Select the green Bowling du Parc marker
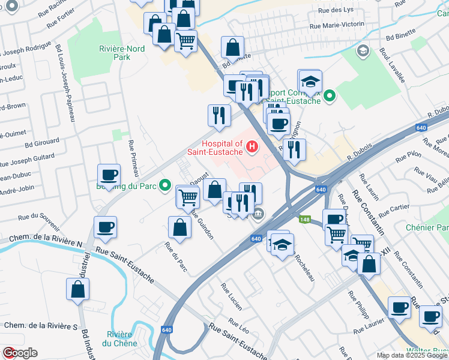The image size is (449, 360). [x=166, y=186]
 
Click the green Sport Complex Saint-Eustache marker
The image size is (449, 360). [x=329, y=96]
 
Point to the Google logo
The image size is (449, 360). [x=19, y=353]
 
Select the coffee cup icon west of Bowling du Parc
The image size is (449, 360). [x=109, y=175]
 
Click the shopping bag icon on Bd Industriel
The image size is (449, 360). [x=78, y=289]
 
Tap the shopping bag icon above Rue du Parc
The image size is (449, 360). [x=179, y=227]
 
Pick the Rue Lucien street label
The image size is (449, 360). [x=231, y=296]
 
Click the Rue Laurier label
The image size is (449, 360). [x=369, y=327]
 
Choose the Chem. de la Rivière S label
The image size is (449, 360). [x=41, y=326]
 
